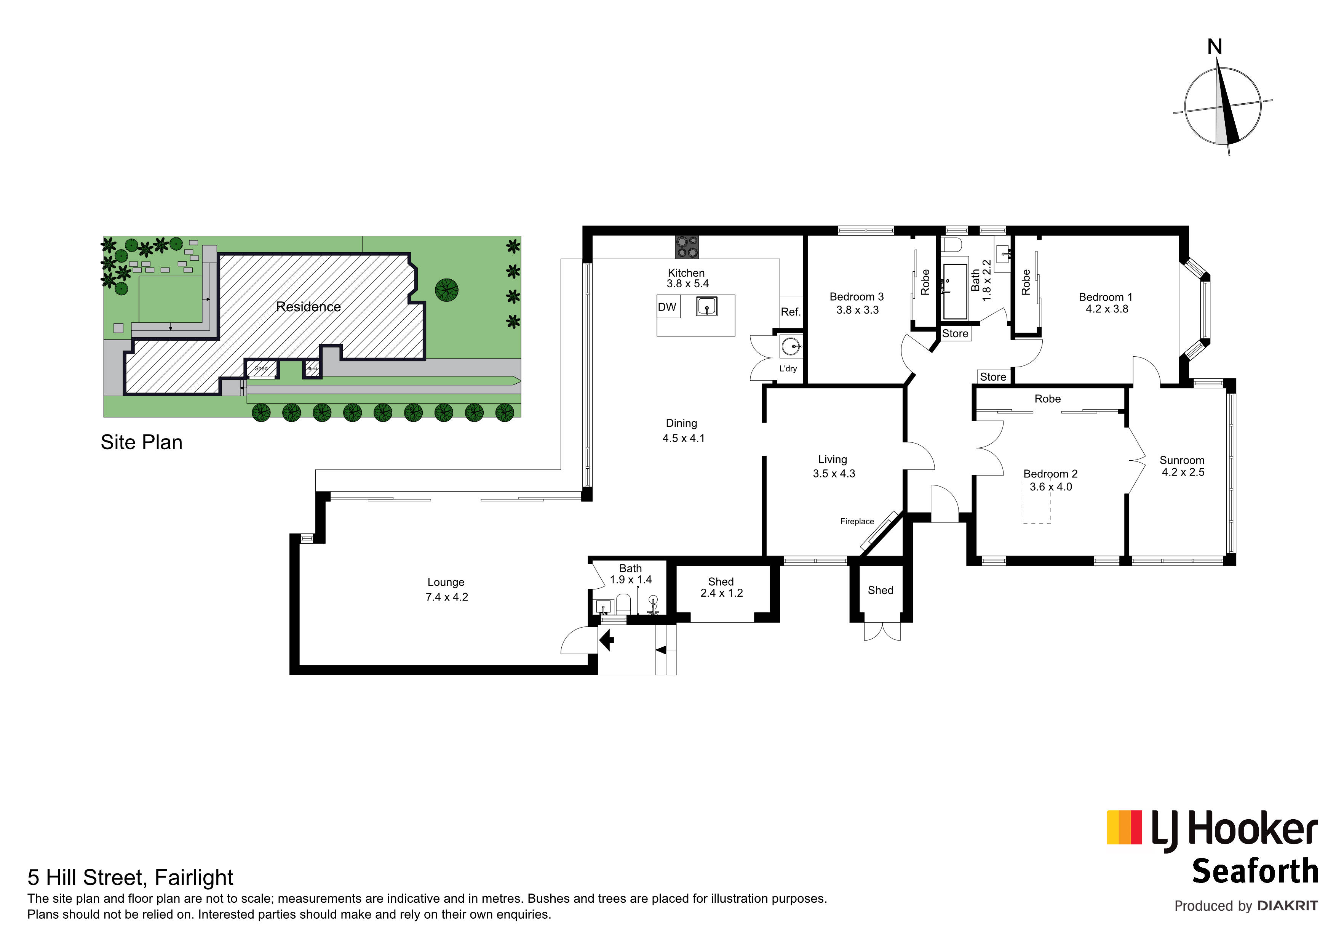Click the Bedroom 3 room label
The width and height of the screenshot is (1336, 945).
tap(857, 297)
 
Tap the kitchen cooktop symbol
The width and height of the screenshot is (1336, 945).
tap(687, 247)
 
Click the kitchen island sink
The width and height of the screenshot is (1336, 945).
tap(706, 306)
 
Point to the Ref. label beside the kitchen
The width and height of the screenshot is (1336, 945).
tap(790, 312)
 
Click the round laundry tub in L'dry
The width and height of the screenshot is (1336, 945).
tap(790, 347)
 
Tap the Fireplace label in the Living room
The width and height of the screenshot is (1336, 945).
tap(857, 522)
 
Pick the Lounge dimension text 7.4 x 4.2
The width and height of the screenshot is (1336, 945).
tap(446, 597)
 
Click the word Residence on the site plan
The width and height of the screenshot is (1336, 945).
tap(308, 307)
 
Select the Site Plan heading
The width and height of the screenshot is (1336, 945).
tap(141, 442)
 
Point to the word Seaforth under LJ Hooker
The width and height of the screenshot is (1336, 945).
tap(1254, 871)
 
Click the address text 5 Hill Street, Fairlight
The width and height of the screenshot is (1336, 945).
tap(130, 878)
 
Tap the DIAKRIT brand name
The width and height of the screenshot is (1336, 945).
tap(1287, 906)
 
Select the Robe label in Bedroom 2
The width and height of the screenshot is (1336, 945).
tap(1047, 399)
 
